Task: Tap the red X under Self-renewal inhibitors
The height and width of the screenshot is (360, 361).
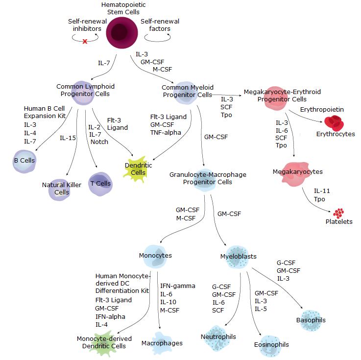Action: tap(84, 42)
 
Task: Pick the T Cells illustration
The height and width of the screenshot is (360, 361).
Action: tap(99, 183)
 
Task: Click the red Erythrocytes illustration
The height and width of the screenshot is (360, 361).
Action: tap(336, 123)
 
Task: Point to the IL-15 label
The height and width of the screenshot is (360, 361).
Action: tap(68, 138)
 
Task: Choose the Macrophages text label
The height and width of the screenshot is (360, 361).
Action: tap(162, 343)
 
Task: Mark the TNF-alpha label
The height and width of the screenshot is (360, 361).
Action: tap(166, 132)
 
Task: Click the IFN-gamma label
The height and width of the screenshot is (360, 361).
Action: tap(177, 286)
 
